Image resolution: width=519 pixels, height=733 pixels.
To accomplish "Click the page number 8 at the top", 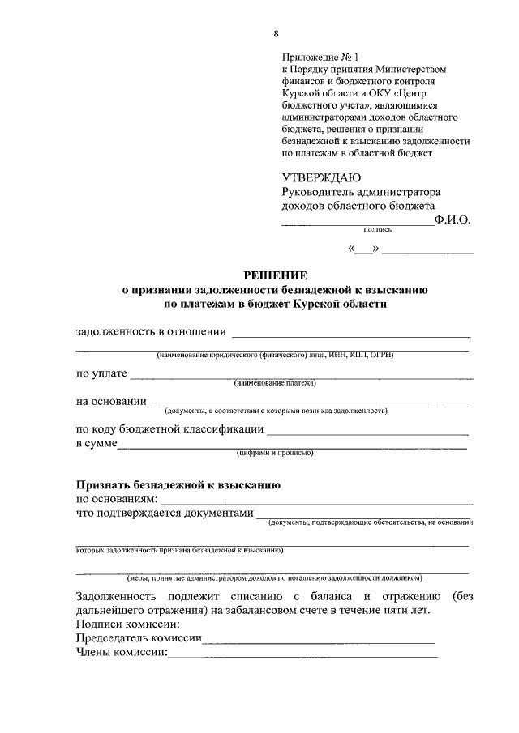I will pyautogui.click(x=277, y=33).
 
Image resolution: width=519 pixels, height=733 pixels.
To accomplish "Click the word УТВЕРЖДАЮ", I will pyautogui.click(x=322, y=178).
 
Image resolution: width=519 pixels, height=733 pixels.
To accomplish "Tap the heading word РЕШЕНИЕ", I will pyautogui.click(x=277, y=275).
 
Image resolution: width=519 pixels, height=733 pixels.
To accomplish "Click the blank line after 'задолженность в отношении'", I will pyautogui.click(x=350, y=334).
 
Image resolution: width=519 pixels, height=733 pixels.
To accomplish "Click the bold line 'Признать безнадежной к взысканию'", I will pyautogui.click(x=178, y=486).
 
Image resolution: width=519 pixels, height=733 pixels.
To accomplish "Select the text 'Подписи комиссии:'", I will pyautogui.click(x=127, y=624).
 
